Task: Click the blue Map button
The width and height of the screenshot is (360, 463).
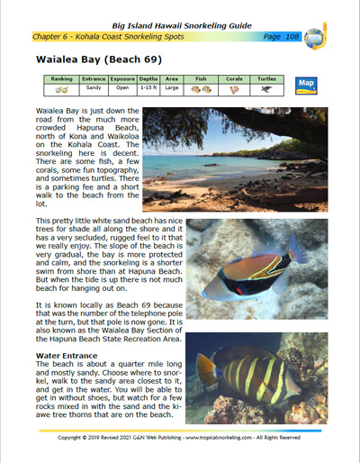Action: (x=307, y=84)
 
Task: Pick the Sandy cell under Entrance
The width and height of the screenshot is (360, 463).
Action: (x=94, y=89)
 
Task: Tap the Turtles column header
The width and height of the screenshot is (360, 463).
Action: (x=267, y=79)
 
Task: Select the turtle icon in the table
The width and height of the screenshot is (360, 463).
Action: (x=267, y=90)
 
